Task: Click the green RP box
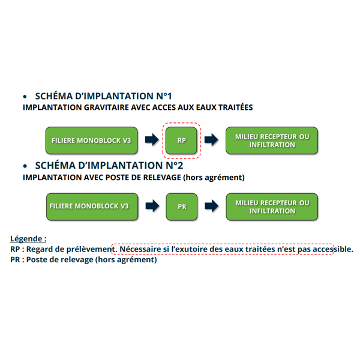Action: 182,140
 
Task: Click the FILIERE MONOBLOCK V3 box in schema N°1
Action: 91,140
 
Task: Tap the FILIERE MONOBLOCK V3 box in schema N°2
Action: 91,206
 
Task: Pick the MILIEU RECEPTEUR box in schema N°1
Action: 272,140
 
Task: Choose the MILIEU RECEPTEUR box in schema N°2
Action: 272,206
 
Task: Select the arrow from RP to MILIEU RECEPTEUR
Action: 211,140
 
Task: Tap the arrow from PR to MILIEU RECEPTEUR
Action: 211,206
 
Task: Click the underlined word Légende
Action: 28,238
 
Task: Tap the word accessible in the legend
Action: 329,249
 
